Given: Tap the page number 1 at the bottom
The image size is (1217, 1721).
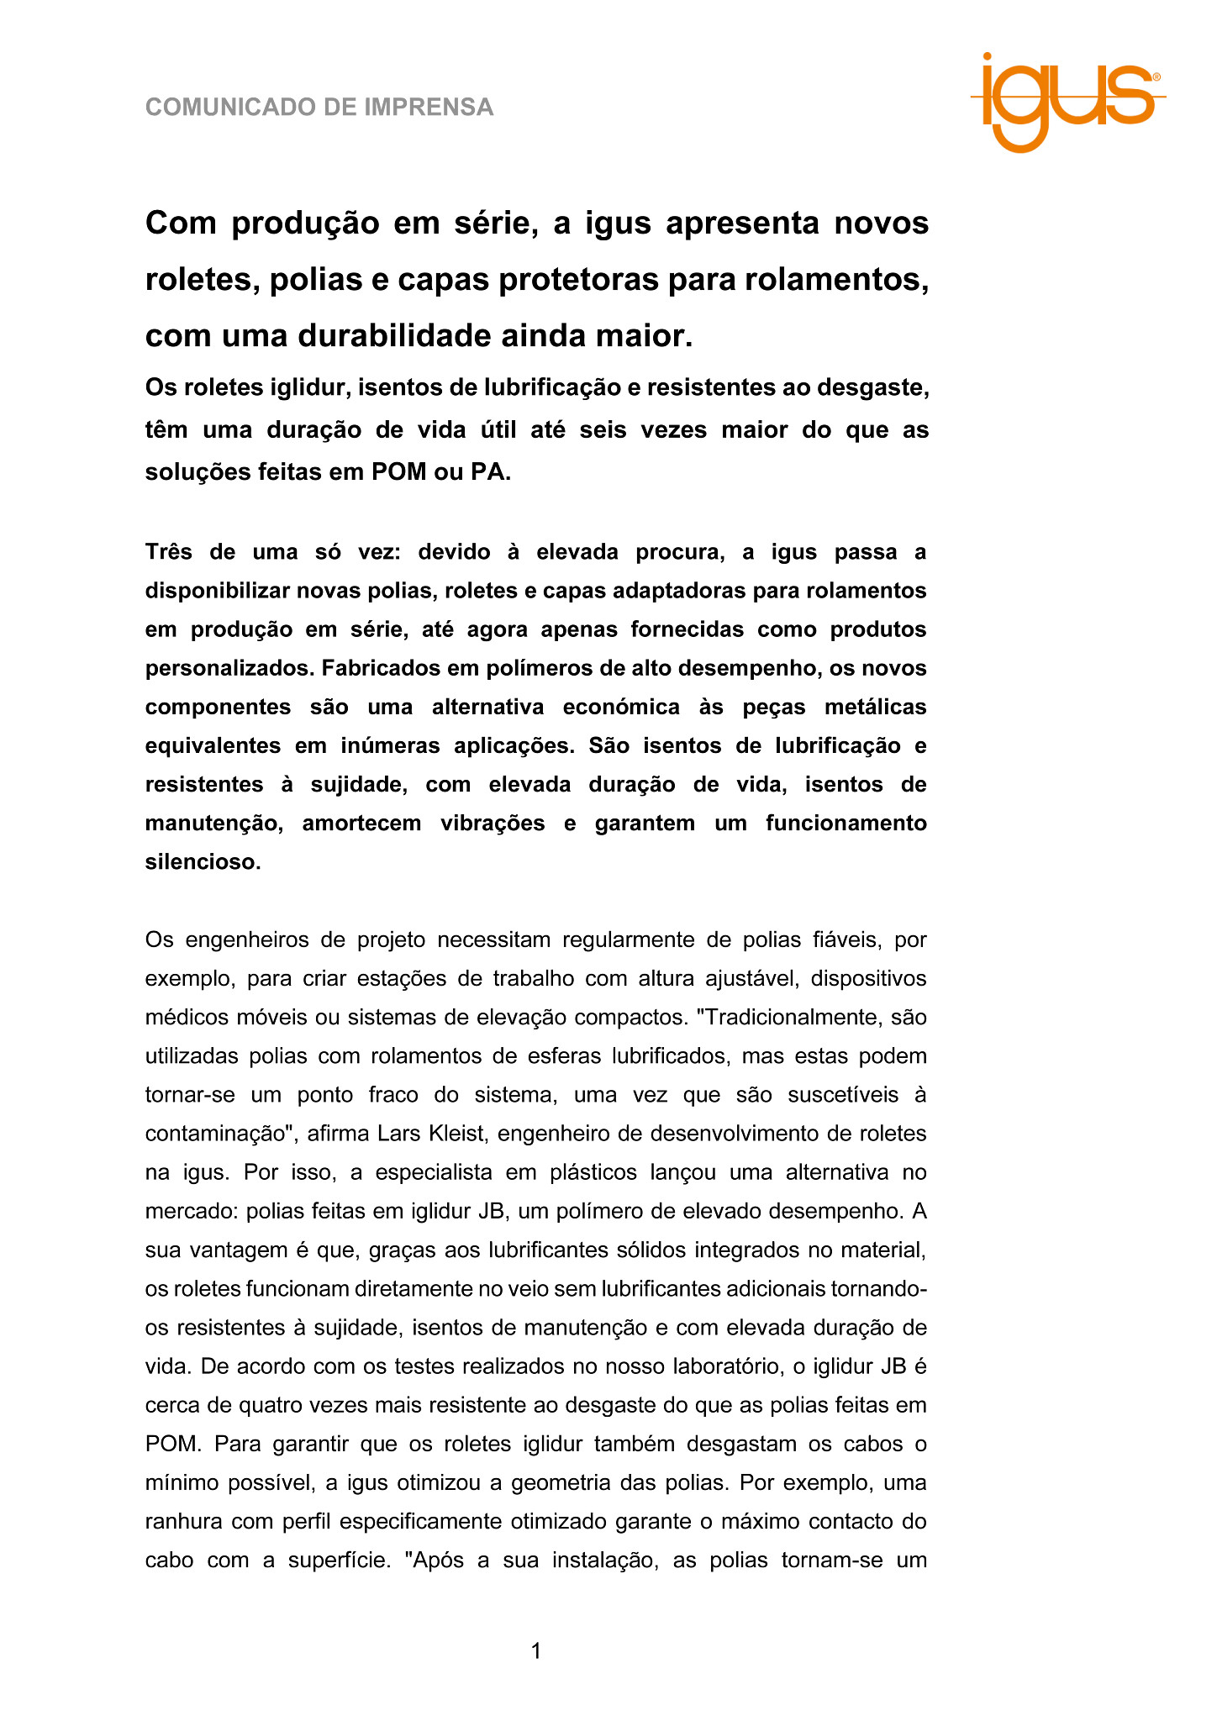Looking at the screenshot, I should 536,1651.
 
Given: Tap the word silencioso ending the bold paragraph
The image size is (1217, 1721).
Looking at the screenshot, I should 203,862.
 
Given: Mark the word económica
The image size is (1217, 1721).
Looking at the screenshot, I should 621,708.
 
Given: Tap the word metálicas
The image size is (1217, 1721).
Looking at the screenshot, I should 875,708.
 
